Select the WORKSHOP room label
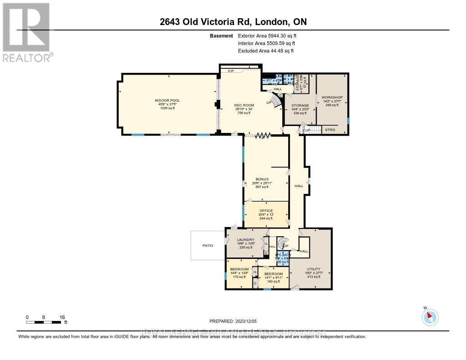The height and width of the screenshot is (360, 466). click(332, 97)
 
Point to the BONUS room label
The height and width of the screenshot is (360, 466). click(262, 179)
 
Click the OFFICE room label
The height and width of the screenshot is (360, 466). click(265, 210)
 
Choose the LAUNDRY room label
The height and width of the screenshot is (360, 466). click(242, 239)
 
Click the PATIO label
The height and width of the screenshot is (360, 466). click(208, 245)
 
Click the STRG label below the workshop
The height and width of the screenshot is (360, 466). click(330, 130)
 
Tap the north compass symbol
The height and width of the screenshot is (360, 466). click(430, 316)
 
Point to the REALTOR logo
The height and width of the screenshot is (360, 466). click(27, 32)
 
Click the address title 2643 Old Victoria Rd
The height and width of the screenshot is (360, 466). click(233, 22)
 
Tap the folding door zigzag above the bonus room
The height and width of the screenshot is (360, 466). click(263, 135)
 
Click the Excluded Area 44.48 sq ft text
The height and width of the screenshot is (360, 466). click(266, 51)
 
